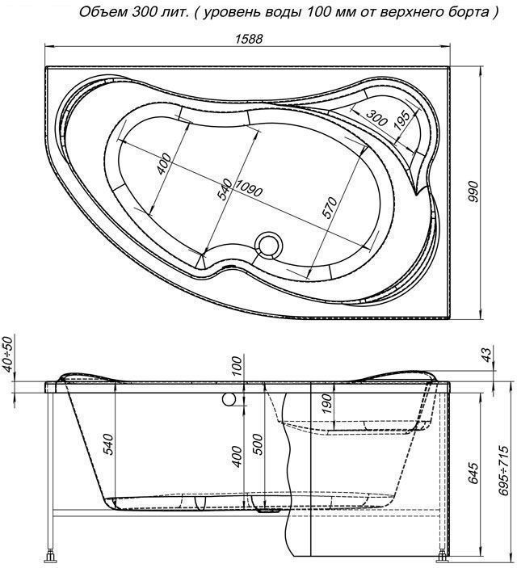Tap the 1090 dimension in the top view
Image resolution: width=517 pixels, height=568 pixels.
[x=249, y=188]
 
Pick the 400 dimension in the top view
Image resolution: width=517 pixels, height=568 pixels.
[x=164, y=164]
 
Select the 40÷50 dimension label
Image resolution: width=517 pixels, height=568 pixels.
[x=8, y=353]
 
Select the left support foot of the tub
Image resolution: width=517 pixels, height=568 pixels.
[x=53, y=557]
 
